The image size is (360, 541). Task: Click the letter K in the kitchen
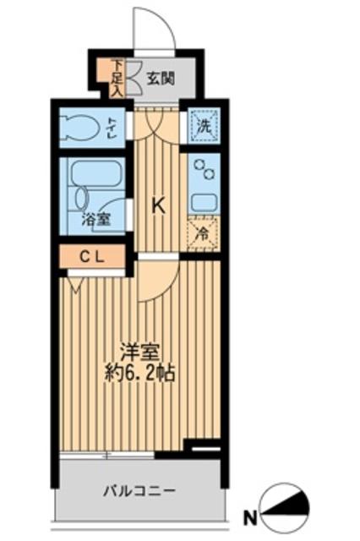pyautogui.click(x=157, y=205)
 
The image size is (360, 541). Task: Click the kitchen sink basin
pyautogui.click(x=204, y=201)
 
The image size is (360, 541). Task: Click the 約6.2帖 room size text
pyautogui.click(x=140, y=373)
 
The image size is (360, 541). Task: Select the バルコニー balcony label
pyautogui.click(x=139, y=489)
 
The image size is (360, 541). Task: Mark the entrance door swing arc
pyautogui.click(x=156, y=25)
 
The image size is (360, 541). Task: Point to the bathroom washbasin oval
pyautogui.click(x=80, y=196)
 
